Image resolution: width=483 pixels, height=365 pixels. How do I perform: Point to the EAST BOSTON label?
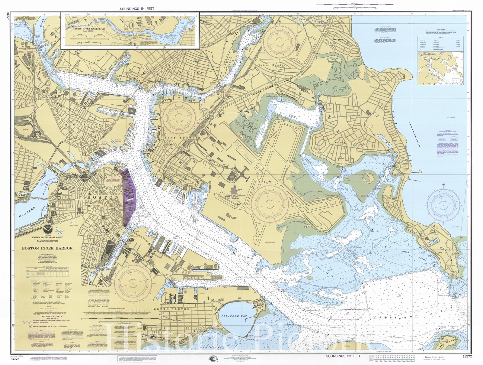181,138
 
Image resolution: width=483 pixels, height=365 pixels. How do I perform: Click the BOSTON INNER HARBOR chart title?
47,248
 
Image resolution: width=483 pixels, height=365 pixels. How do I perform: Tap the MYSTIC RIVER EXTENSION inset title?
88,29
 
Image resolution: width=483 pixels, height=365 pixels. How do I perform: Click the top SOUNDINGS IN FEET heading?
137,9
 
